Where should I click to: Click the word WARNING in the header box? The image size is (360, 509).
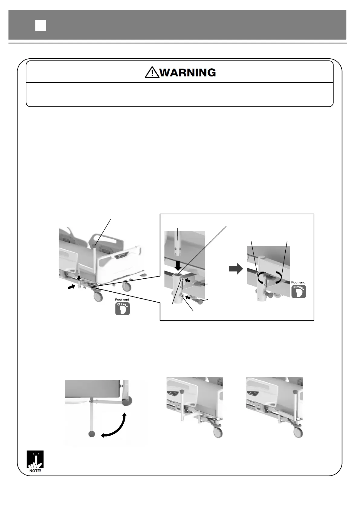click(187, 73)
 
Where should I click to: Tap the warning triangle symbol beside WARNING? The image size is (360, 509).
click(152, 73)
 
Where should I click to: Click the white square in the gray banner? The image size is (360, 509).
click(41, 25)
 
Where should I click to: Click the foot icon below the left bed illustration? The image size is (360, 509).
click(122, 308)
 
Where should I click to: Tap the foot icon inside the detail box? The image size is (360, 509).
click(298, 291)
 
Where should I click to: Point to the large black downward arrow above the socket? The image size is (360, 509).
click(178, 265)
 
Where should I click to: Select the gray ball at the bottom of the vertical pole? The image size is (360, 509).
click(92, 434)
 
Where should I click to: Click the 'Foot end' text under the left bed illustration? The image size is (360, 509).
click(122, 300)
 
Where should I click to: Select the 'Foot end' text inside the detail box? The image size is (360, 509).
click(298, 282)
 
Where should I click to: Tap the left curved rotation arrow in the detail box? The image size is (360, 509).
click(260, 278)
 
